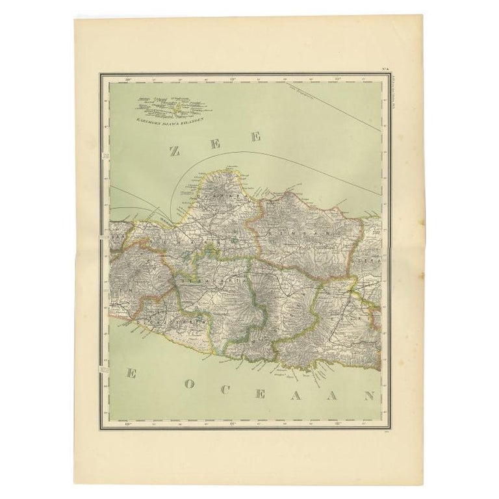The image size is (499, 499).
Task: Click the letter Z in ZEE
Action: (x=174, y=151)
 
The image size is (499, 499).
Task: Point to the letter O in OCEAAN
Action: (x=188, y=383)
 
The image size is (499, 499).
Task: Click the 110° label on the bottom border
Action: (x=128, y=424)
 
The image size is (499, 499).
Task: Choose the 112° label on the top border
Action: (x=337, y=81)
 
